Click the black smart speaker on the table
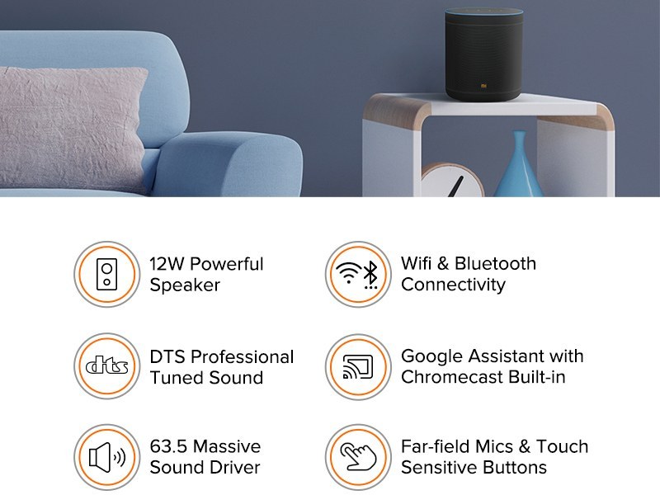484,54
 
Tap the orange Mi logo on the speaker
483,87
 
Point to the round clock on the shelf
452,180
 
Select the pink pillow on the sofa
72,126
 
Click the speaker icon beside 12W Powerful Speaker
107,274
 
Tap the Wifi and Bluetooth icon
359,274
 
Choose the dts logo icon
107,365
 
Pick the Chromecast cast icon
359,366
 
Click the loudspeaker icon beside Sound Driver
107,457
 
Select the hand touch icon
359,457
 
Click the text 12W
167,264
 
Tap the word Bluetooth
496,263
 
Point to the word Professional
242,356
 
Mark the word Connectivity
453,285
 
